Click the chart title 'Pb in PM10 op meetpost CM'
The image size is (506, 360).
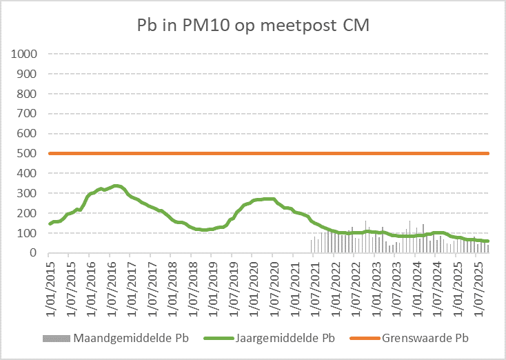click(253, 26)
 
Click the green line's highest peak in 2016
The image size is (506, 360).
click(117, 186)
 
